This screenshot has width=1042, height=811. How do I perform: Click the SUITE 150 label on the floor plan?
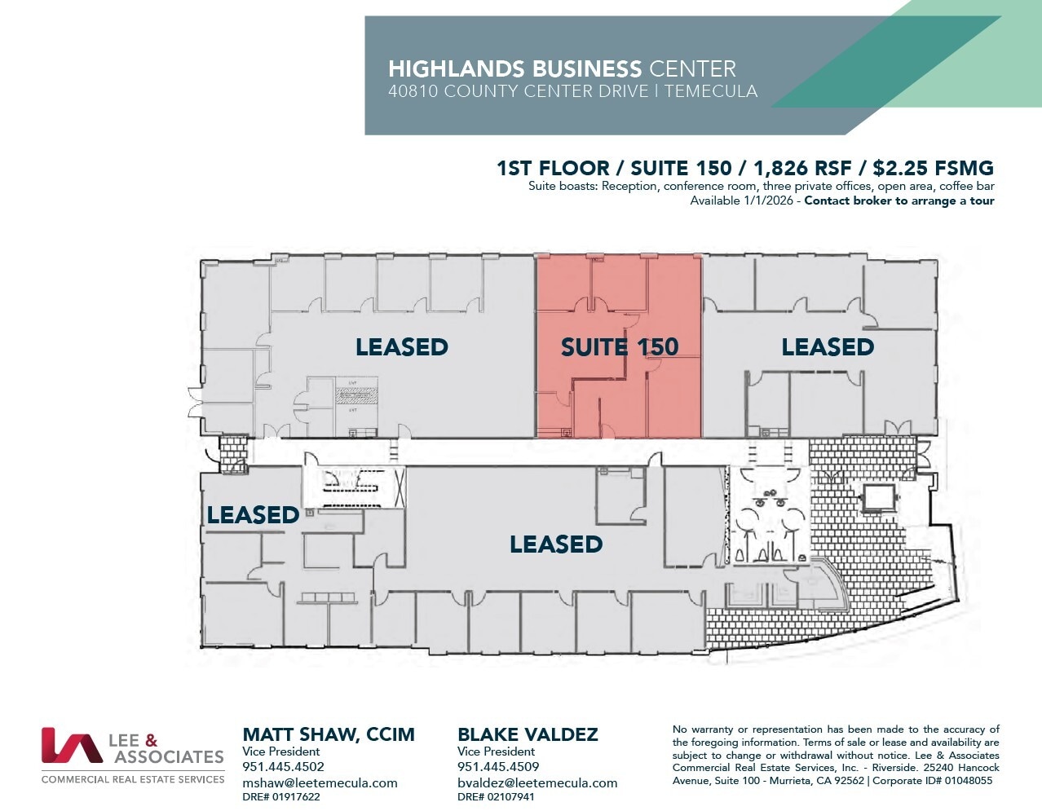[x=619, y=347]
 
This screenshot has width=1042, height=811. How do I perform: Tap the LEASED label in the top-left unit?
[x=401, y=347]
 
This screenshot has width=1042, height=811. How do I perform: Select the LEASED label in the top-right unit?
[x=827, y=347]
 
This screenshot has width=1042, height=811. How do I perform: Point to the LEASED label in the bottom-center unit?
[x=555, y=544]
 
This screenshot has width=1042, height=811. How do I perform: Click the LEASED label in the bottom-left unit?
[x=253, y=515]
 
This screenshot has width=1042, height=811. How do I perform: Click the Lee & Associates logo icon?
[x=71, y=745]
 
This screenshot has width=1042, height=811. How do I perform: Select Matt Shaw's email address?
[x=320, y=782]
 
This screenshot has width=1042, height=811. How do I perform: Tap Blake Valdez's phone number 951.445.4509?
[x=498, y=767]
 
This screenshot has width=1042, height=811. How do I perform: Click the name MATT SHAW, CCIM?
[x=329, y=734]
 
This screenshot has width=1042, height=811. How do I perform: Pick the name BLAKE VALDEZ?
[x=528, y=734]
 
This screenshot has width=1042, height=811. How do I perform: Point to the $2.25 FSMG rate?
[x=933, y=169]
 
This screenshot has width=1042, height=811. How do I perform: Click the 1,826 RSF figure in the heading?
[x=802, y=169]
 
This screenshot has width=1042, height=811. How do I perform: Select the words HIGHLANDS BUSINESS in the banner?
[x=514, y=68]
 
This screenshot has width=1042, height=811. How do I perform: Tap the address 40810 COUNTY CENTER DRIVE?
[x=519, y=91]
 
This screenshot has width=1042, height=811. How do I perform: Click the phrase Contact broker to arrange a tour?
[x=899, y=201]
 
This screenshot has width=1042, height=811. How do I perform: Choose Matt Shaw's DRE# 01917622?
[x=281, y=797]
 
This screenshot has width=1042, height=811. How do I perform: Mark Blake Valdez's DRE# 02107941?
[x=496, y=797]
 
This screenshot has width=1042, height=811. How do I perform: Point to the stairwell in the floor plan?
[x=353, y=487]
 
